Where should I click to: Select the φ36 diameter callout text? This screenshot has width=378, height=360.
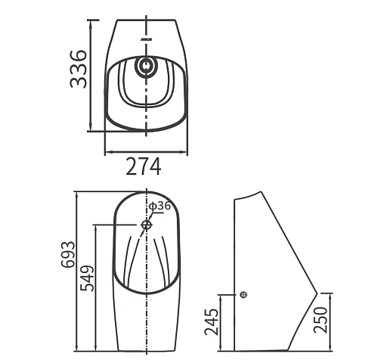(x=160, y=206)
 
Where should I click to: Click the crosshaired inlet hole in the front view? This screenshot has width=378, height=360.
(x=146, y=225)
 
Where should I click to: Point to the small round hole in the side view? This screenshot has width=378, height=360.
(x=243, y=295)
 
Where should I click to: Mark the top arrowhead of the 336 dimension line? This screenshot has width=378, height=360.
(x=91, y=21)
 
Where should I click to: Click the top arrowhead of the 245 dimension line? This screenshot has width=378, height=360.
(x=223, y=296)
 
